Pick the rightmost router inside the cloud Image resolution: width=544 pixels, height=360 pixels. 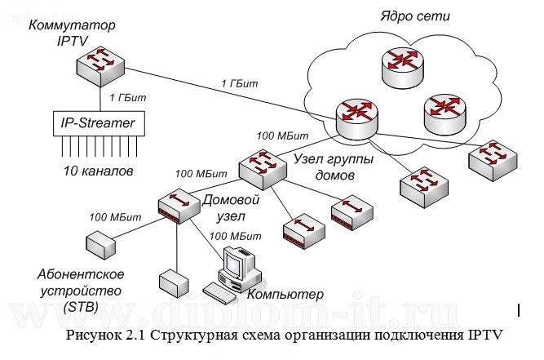(x=447, y=109)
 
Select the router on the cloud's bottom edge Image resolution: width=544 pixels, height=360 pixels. (x=356, y=117)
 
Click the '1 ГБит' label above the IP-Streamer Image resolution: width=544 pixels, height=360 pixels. (x=127, y=98)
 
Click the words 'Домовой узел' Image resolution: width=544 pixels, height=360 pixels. (x=231, y=207)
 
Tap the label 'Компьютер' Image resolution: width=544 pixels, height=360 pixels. (x=285, y=294)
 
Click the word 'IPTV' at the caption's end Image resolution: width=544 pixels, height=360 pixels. (x=484, y=333)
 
